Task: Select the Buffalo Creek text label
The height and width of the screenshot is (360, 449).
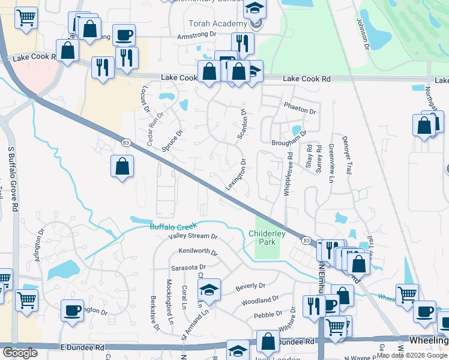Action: (x=173, y=227)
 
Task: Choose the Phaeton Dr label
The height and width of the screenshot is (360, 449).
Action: (x=300, y=110)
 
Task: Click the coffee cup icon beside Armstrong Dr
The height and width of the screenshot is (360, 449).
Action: (x=124, y=35)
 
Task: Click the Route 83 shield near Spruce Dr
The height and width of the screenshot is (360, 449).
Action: (x=125, y=142)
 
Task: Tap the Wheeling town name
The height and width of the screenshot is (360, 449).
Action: (x=427, y=341)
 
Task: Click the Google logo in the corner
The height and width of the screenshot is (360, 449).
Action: (x=19, y=353)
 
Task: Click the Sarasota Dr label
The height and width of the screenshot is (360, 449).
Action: (x=187, y=267)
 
